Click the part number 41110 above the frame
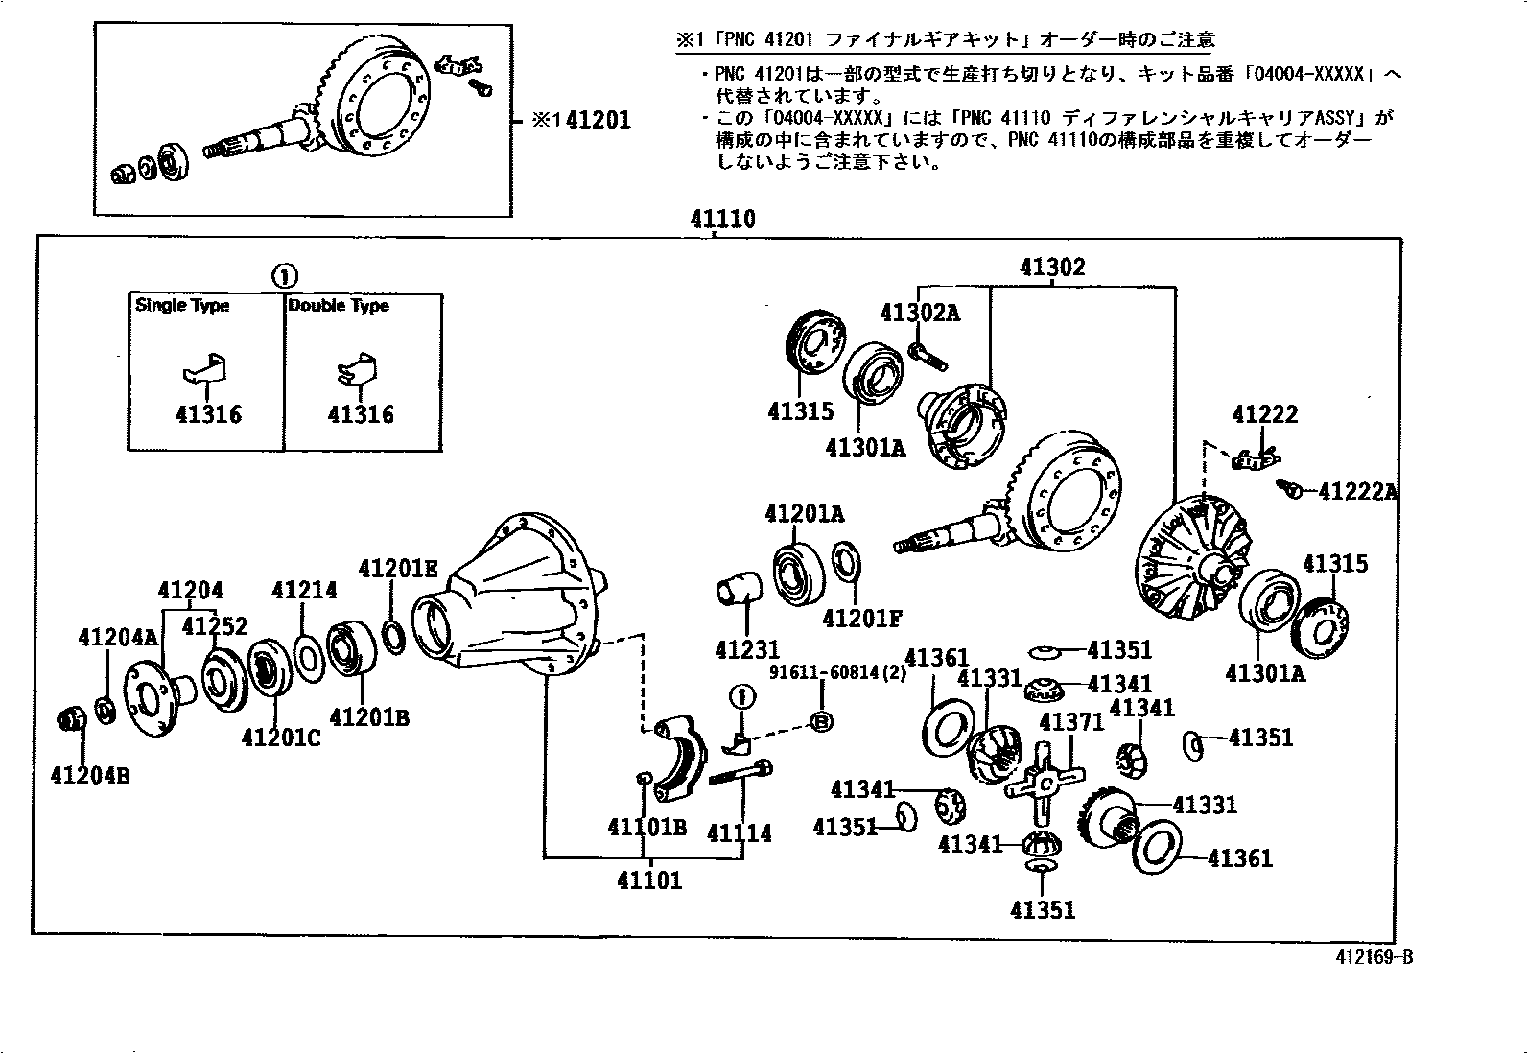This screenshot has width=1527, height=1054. tap(722, 220)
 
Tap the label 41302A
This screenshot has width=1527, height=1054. tap(919, 313)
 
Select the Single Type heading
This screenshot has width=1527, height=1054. tap(182, 306)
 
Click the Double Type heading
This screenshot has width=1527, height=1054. tap(339, 306)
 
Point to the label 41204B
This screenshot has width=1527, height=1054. tap(89, 775)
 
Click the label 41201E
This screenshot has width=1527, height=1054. tap(397, 569)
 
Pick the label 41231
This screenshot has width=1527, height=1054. tap(747, 650)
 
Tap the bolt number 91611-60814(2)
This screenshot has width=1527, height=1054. tap(836, 672)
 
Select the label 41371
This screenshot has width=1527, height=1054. tap(1071, 721)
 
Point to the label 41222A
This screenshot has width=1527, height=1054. tap(1357, 492)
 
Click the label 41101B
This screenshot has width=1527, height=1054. tap(646, 827)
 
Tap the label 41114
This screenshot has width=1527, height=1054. tap(739, 833)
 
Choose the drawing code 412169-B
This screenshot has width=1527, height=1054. tap(1374, 957)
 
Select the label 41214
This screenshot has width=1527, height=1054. tap(304, 590)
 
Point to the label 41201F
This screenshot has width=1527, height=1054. tap(862, 618)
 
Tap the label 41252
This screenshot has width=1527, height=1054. tap(214, 626)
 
